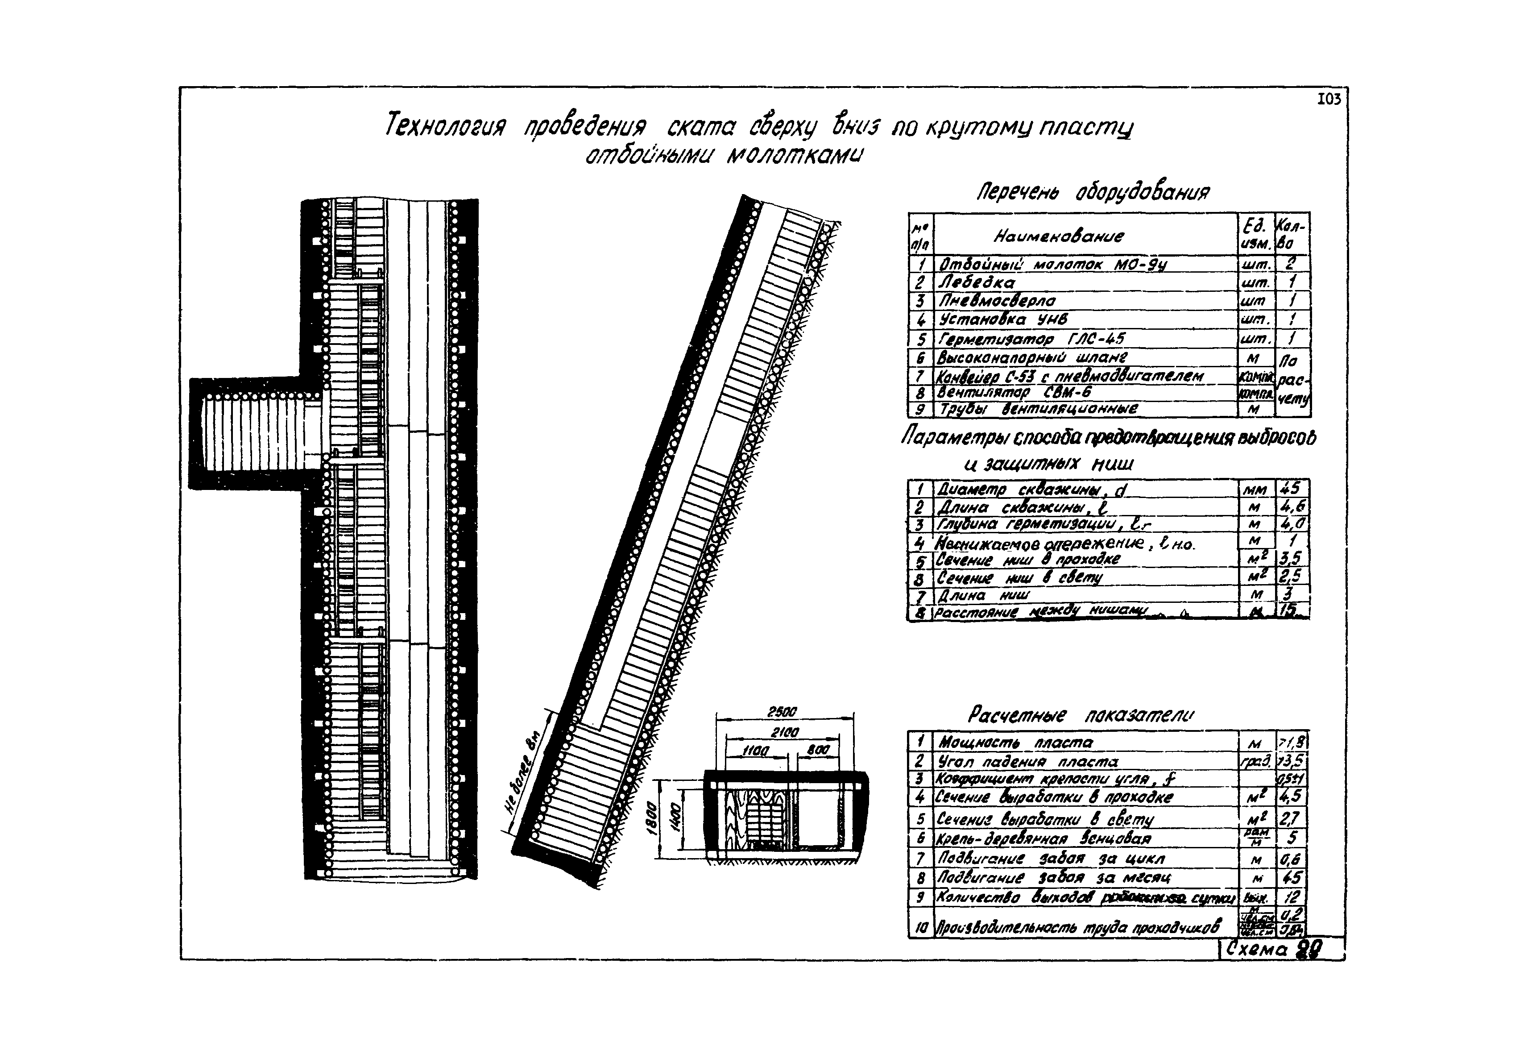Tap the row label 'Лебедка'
pos(978,282)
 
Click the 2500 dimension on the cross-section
pos(783,712)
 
